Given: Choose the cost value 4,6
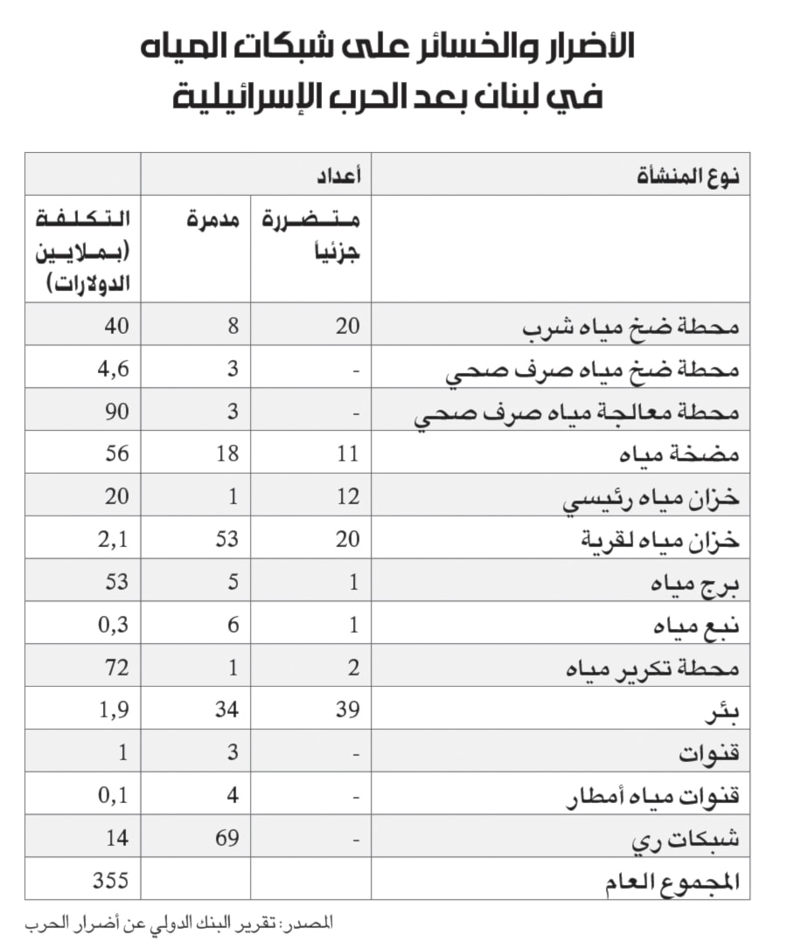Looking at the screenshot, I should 113,369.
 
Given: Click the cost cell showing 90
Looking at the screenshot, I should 116,412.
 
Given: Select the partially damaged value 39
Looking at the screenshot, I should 347,709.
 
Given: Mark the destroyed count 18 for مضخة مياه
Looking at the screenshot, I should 226,453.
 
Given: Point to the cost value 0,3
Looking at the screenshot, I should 113,625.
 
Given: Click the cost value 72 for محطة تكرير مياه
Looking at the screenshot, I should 116,668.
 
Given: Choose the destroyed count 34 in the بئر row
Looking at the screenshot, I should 226,709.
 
